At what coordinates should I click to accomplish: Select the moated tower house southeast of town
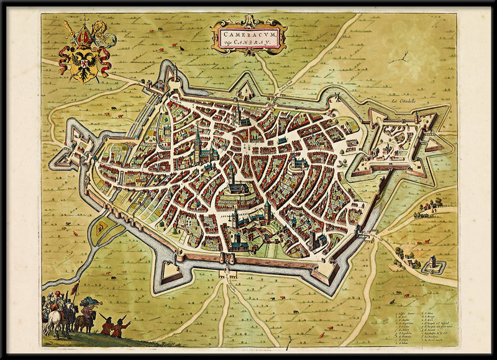(x=434, y=267)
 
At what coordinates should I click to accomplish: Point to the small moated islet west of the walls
(x=99, y=228)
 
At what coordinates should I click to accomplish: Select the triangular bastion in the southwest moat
(x=169, y=271)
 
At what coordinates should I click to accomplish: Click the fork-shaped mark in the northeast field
(x=404, y=58)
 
